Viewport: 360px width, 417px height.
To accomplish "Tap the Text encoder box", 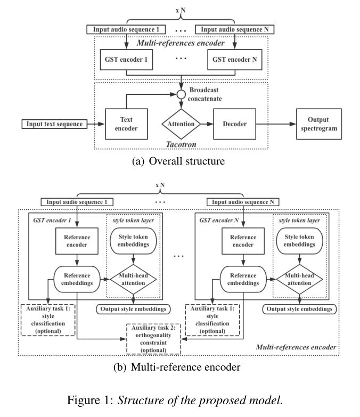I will [x=126, y=124].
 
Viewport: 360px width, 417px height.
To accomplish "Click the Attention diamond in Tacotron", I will [x=181, y=124].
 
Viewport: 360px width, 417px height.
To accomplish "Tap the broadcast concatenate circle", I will [x=181, y=94].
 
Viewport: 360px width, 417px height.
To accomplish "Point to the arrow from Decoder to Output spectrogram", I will [x=274, y=124].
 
